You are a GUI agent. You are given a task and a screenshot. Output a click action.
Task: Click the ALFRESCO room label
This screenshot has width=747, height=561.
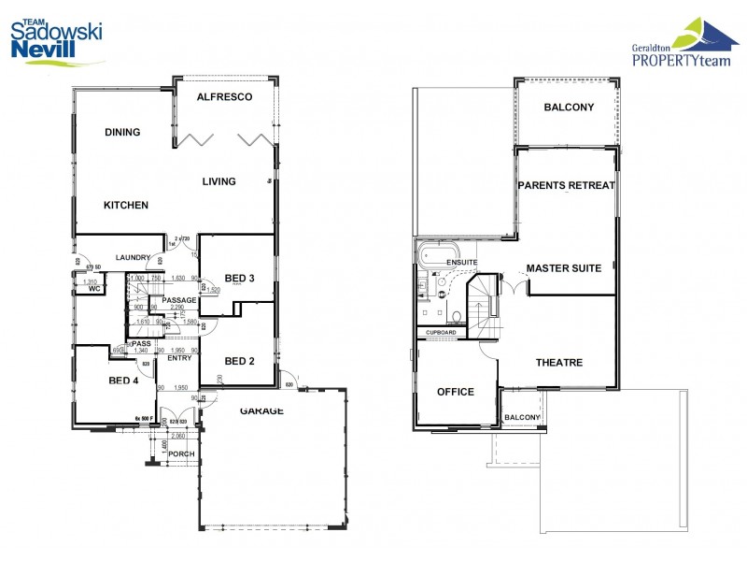coord(225,97)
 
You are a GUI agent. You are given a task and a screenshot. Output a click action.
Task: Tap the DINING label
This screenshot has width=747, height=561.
coord(122,133)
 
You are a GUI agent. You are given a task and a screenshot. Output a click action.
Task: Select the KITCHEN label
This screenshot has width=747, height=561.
coord(125,206)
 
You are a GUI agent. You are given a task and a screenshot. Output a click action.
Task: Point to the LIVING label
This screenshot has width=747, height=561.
coord(218,181)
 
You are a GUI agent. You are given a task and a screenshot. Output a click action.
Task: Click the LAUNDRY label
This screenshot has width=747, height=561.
coord(134,258)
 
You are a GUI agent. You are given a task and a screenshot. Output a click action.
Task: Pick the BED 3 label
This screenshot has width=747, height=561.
coord(240,278)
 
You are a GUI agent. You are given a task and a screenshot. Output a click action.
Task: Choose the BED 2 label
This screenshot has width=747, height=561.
coord(240,362)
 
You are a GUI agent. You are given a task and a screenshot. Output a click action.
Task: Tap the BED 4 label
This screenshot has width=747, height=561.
coord(124,381)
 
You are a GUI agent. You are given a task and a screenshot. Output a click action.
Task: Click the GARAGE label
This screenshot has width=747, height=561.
coord(261,410)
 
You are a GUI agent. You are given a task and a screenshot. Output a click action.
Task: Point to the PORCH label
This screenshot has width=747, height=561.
coord(180,454)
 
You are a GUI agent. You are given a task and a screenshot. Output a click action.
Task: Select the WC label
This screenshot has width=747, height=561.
coord(94,290)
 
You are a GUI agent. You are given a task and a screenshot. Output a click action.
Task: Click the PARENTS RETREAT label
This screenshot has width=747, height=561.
coord(566,185)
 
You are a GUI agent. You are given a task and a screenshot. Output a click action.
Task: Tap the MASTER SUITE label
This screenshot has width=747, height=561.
coord(563,268)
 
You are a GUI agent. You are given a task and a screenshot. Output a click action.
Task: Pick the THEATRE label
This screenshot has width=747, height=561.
coord(559,363)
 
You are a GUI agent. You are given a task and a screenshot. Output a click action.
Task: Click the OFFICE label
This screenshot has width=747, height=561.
coord(456,392)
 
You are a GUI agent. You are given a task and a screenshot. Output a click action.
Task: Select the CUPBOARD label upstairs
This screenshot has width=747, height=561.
coord(441,333)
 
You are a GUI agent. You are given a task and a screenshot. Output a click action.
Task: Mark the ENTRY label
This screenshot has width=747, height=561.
coord(179,358)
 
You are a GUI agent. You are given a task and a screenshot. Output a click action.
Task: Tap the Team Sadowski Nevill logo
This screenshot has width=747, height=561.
coord(56,39)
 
